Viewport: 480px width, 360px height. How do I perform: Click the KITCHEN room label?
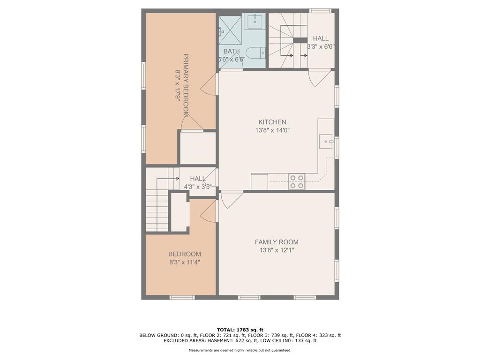272,122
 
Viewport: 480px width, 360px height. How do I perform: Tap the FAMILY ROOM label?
277,242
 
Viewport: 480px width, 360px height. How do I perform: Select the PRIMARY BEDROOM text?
186,85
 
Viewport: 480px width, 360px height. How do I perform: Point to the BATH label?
232,51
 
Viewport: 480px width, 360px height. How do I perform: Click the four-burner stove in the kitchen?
297,181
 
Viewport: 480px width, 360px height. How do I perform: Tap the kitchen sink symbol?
327,142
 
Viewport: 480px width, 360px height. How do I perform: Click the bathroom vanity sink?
255,21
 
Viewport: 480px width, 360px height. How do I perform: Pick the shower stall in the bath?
231,30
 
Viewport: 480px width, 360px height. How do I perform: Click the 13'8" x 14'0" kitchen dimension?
272,130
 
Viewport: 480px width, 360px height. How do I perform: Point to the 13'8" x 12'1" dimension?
277,250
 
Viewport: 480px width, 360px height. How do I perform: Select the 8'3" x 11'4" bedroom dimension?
185,262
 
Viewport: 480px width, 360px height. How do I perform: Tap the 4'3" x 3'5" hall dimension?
198,187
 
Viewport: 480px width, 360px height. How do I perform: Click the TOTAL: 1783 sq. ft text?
240,330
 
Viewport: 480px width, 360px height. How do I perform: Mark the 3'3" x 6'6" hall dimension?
321,47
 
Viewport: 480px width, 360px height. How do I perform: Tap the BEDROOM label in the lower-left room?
185,254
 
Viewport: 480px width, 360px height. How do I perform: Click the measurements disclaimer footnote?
240,350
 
